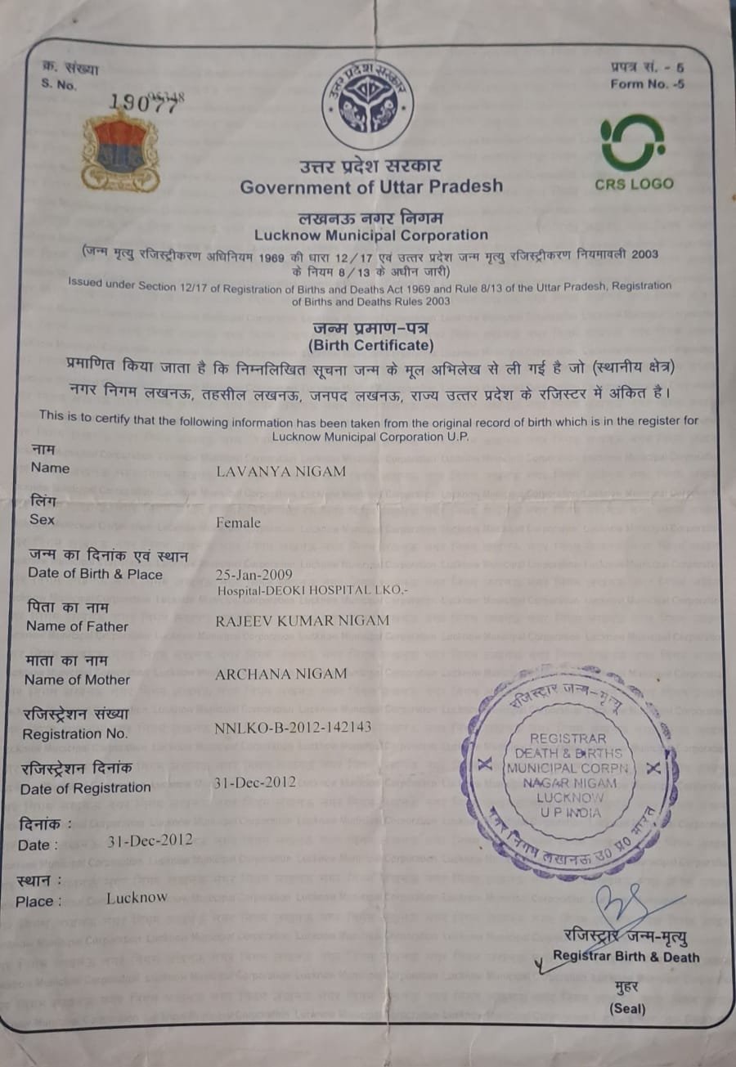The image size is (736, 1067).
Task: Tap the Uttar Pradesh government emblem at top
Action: coord(367,103)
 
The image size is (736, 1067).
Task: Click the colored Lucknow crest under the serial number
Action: coord(120,153)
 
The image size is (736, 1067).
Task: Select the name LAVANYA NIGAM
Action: coord(280,472)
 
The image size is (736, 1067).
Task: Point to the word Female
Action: coord(238,522)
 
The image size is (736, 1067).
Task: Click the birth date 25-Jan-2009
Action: coord(253,574)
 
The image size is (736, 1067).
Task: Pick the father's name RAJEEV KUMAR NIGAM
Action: coord(302,621)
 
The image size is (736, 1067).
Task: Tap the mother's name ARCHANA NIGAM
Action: coord(280,674)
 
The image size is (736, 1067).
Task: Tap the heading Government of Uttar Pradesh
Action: coord(371,186)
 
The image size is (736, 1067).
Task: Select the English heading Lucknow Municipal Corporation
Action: coord(370,235)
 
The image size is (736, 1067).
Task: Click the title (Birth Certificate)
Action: coord(370,345)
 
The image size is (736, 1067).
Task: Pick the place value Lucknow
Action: coord(137,898)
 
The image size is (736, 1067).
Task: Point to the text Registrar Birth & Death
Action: coord(626,957)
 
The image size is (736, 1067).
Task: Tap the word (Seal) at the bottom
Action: coord(626,1009)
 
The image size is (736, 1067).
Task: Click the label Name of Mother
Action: coord(77,679)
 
